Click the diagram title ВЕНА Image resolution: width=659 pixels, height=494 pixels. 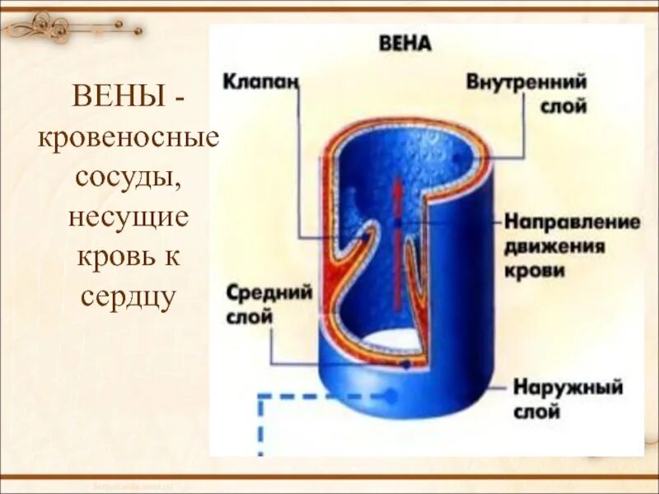tap(404, 43)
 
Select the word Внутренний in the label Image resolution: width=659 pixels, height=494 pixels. tap(526, 83)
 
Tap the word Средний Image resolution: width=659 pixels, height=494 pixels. tap(269, 294)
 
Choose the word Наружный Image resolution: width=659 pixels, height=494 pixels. tap(568, 387)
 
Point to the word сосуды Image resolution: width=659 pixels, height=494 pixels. tap(126, 176)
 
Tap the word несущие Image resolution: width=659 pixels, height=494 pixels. tap(128, 217)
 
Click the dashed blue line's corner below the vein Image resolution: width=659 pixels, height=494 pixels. tap(262, 396)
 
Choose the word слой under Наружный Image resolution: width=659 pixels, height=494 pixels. tap(536, 411)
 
